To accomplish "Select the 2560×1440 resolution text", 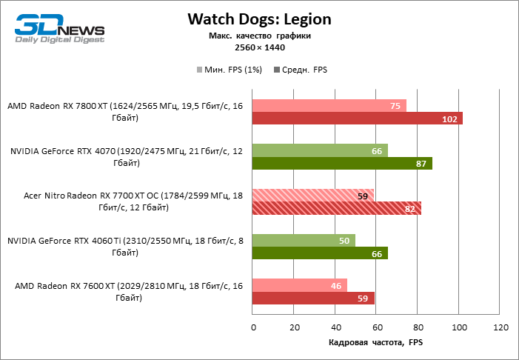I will click(258, 47).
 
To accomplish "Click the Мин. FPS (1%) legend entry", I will click(230, 70).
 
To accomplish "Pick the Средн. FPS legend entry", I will click(301, 70).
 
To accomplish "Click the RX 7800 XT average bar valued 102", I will click(357, 119).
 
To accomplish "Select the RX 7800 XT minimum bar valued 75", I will click(329, 106).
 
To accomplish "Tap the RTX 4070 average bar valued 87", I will click(342, 164).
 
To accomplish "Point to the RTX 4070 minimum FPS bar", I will click(320, 151).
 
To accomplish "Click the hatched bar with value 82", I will click(337, 208).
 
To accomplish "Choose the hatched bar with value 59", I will click(312, 196).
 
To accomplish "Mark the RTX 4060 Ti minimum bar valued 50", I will click(304, 241).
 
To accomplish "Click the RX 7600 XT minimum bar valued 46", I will click(299, 285).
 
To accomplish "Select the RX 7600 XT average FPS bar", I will click(313, 298).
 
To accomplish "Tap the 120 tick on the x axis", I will click(500, 327).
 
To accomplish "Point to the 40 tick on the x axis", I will click(335, 327).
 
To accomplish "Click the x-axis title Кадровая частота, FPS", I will click(375, 342).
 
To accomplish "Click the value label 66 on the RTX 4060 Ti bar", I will click(375, 253).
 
